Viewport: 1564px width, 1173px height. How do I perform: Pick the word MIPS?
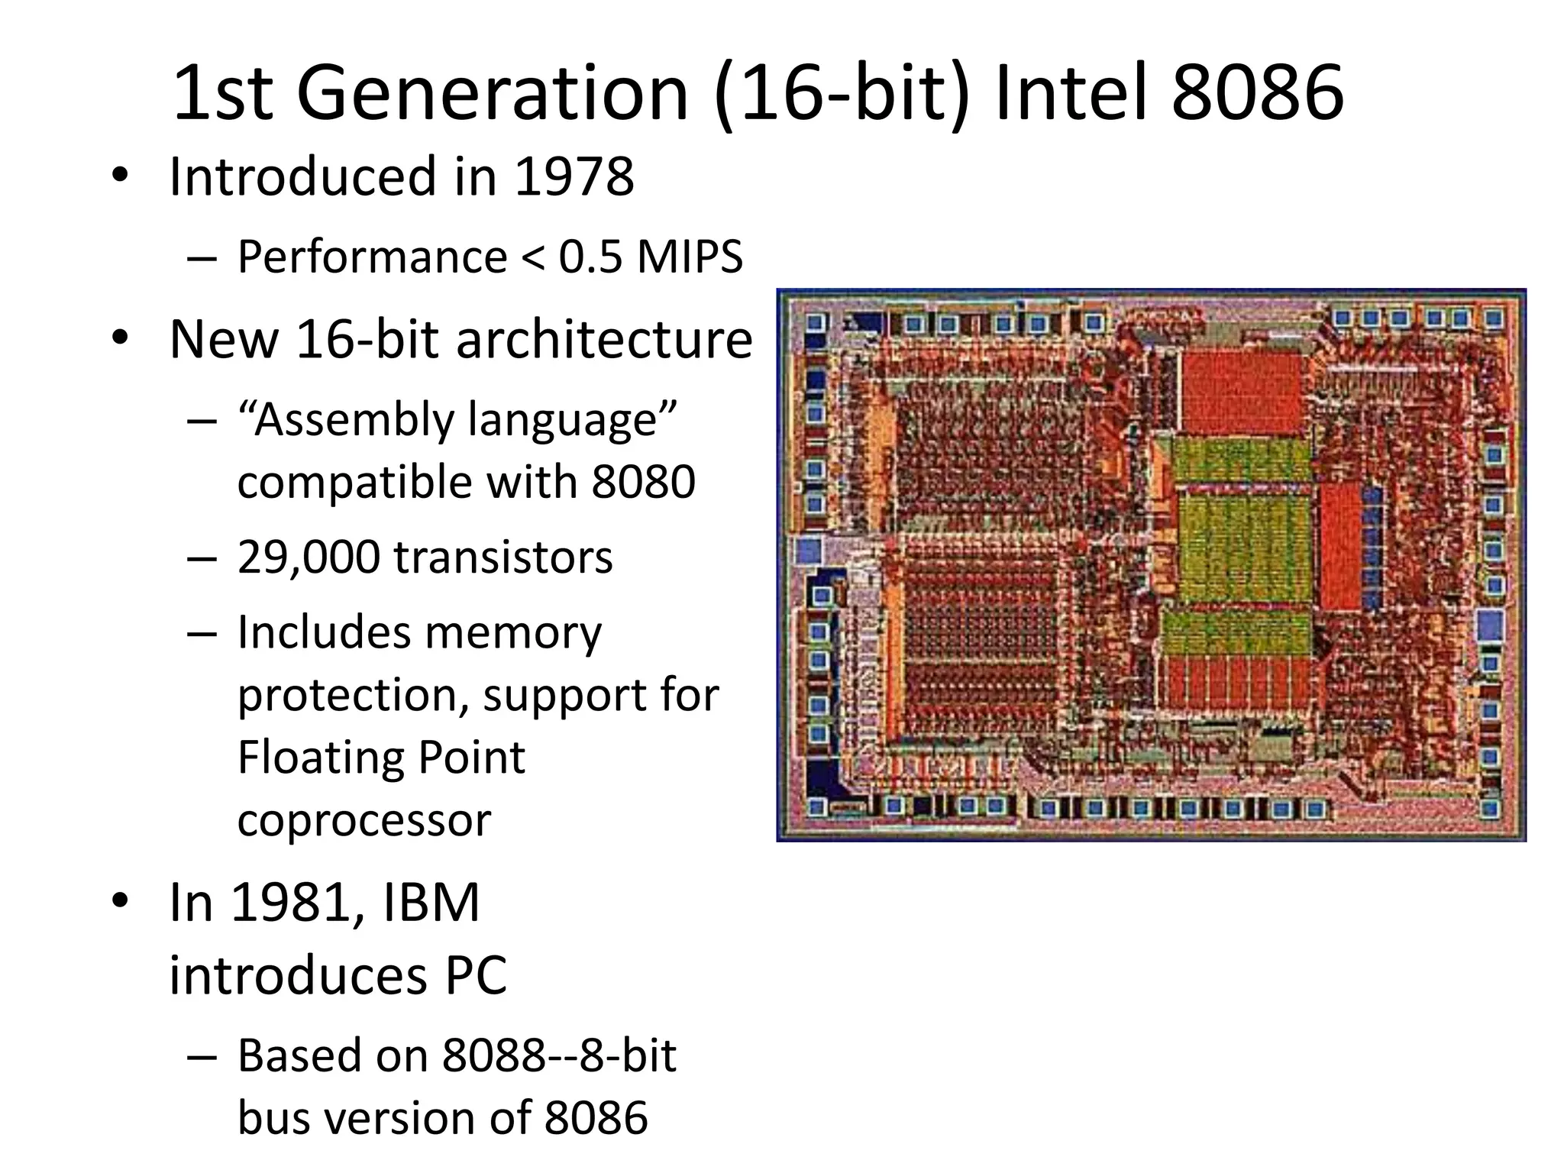coord(690,257)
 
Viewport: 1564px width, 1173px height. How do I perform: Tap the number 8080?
coord(643,482)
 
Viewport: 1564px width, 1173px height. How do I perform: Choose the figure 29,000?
coord(308,557)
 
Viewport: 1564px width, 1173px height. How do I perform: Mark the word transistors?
coord(503,557)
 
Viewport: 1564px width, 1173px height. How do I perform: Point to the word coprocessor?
coord(364,820)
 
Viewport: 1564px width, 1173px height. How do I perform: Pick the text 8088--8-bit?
coord(559,1056)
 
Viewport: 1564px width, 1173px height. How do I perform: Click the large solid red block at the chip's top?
coord(1242,393)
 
